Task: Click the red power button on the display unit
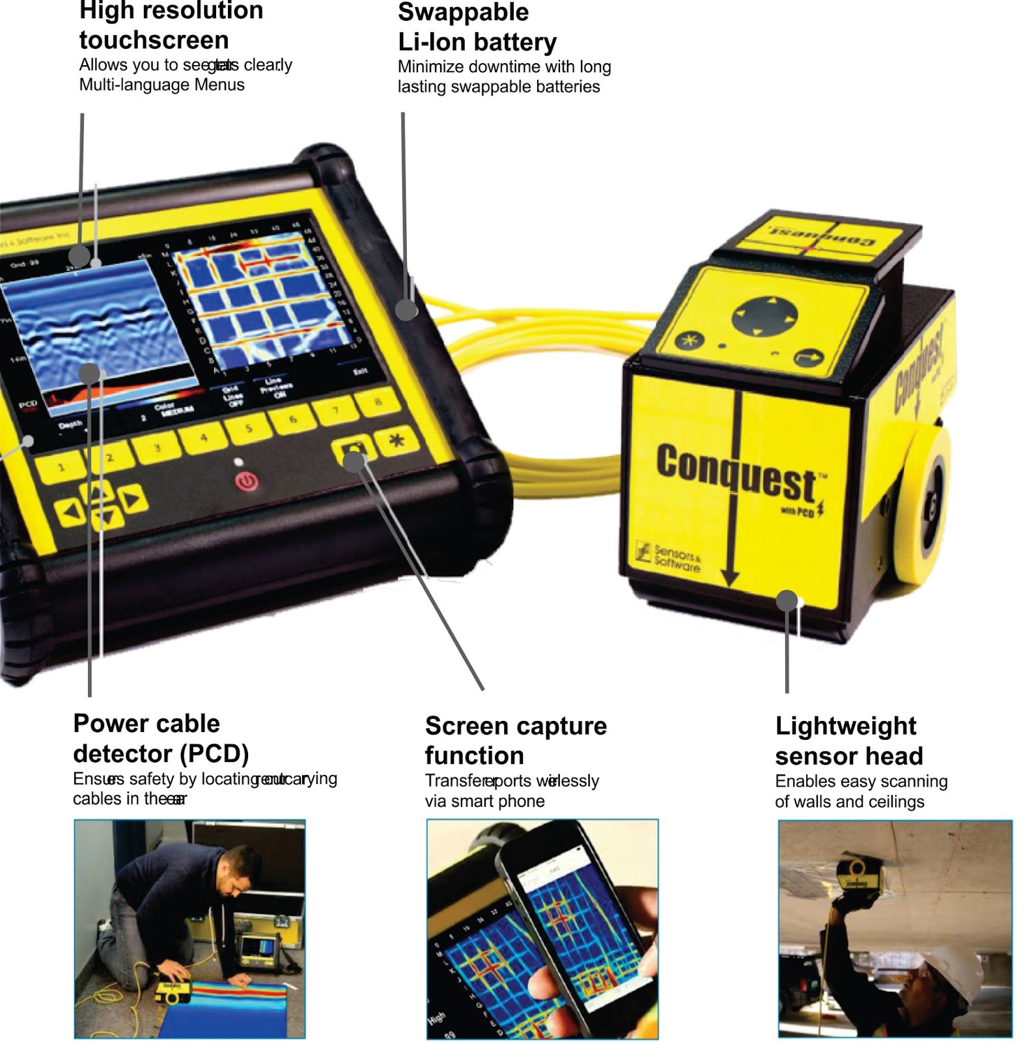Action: click(247, 483)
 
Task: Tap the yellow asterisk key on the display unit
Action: click(397, 442)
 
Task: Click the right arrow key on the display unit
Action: click(133, 500)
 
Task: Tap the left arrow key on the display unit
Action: click(69, 512)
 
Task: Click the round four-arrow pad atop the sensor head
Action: click(765, 317)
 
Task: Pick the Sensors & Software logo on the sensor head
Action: click(667, 557)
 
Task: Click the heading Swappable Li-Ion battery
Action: click(477, 27)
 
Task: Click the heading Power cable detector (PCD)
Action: click(160, 738)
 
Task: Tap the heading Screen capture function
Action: click(515, 740)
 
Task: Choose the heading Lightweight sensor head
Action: click(848, 740)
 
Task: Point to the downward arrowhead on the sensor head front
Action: click(731, 578)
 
